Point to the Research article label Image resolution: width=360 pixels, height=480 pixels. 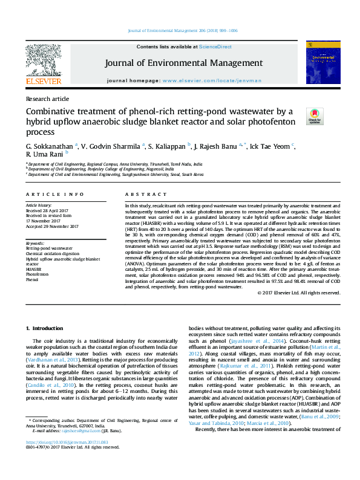pos(47,99)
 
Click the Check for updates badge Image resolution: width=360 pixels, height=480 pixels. pos(315,115)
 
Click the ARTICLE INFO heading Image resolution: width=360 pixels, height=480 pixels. pos(55,194)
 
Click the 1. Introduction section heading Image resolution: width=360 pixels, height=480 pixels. pos(46,328)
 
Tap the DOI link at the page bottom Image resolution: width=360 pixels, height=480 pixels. pos(59,459)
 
